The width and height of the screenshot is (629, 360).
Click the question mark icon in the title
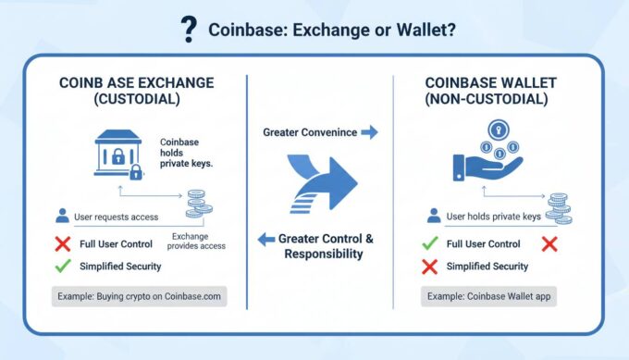click(189, 29)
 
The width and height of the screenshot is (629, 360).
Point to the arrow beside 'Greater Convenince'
click(369, 132)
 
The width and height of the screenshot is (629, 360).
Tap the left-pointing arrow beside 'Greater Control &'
click(266, 240)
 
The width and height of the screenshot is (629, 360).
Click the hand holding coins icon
click(485, 156)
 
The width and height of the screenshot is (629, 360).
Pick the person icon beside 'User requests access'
click(62, 216)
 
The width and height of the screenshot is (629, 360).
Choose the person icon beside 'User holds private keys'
click(432, 216)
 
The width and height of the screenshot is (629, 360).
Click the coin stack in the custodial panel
click(197, 203)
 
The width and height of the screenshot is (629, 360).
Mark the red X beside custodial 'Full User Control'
click(62, 243)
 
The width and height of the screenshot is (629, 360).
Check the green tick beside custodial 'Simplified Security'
click(62, 267)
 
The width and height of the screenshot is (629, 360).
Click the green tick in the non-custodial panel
click(430, 243)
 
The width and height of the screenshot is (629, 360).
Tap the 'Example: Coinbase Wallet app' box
click(487, 298)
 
